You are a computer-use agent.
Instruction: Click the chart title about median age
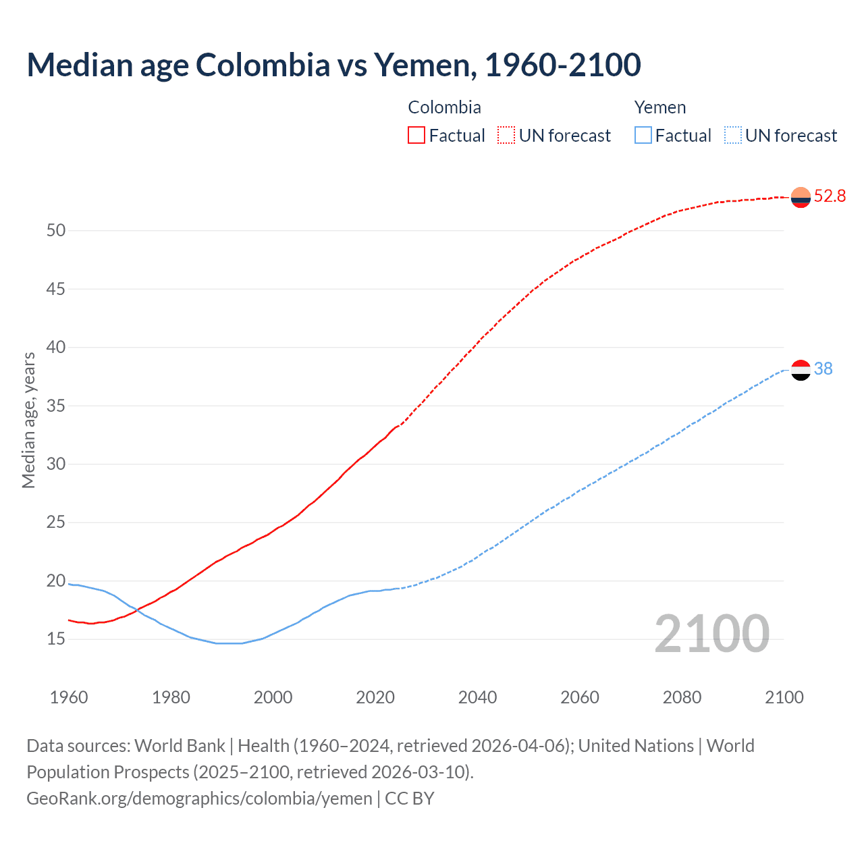333,65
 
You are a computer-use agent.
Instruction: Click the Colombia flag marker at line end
801,197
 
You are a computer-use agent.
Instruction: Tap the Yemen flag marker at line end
801,370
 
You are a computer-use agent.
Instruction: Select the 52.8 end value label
830,196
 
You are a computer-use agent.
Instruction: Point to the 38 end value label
823,369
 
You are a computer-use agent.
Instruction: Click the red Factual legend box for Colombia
416,136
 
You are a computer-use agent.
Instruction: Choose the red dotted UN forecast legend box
506,136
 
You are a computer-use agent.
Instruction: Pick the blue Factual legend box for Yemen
643,136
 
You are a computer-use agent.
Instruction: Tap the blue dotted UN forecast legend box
732,136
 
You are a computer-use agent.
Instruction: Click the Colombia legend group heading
444,107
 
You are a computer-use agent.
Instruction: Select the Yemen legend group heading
659,107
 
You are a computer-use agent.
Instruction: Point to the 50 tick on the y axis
56,231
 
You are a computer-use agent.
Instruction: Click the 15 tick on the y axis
56,639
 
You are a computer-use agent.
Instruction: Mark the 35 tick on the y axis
56,406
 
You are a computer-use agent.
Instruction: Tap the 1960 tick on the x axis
69,697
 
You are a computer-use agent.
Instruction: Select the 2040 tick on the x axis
477,697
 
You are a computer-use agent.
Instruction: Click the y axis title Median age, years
28,420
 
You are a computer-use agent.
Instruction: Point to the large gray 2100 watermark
711,634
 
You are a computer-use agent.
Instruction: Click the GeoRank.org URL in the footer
199,799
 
